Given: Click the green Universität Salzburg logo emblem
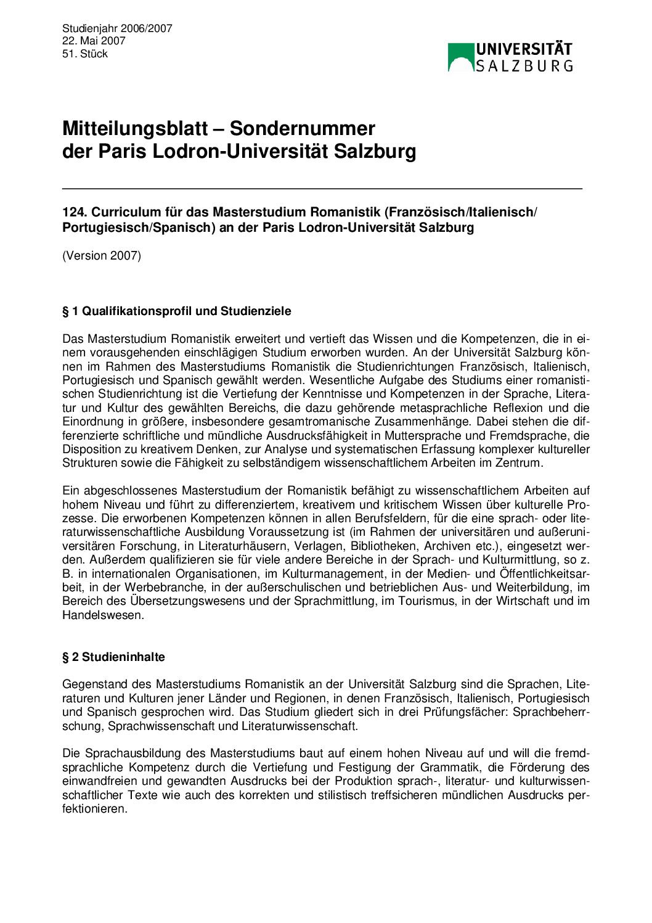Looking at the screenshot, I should click(460, 57).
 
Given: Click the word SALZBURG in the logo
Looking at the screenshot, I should click(524, 65).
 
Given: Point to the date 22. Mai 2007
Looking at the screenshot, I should click(94, 41).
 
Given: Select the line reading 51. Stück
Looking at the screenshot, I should click(85, 54).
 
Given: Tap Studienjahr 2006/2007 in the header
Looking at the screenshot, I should click(117, 28).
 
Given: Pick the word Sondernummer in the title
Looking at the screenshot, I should click(303, 128).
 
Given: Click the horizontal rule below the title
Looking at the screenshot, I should click(322, 187).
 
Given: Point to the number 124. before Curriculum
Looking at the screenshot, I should click(75, 212).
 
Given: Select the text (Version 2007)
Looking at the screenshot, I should click(102, 255).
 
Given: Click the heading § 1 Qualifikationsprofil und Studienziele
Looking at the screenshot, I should click(176, 311).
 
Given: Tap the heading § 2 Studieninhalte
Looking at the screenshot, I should click(113, 657).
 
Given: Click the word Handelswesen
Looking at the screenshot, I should click(102, 615).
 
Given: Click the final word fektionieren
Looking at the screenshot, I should click(94, 808).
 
